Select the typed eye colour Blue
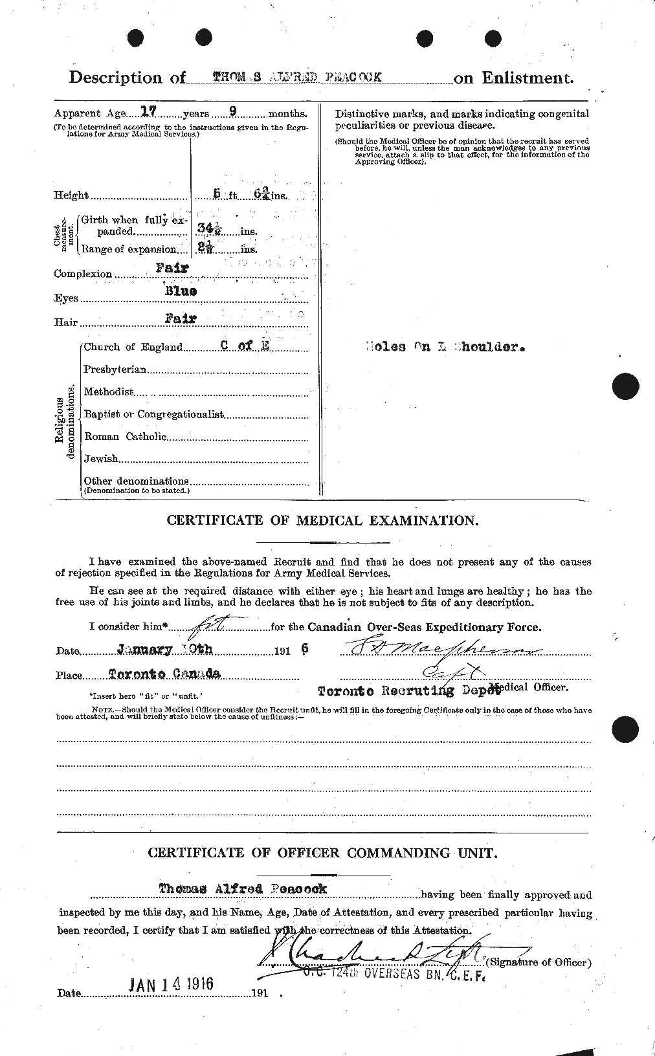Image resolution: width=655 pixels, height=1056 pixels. [179, 291]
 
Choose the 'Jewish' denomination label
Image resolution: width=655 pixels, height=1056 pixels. [101, 459]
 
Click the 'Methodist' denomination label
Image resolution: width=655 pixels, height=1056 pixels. [109, 392]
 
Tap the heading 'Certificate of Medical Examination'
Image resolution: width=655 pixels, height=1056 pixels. [323, 520]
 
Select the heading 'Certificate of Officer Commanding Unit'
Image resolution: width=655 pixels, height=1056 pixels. [323, 853]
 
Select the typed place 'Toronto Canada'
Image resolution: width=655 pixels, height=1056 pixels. [164, 674]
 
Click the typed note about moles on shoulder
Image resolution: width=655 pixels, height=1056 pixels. [443, 346]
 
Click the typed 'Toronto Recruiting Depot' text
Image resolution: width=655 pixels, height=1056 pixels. [409, 690]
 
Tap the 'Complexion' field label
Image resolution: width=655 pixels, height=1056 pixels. [83, 274]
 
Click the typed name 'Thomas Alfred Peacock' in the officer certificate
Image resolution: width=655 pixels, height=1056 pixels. [243, 888]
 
